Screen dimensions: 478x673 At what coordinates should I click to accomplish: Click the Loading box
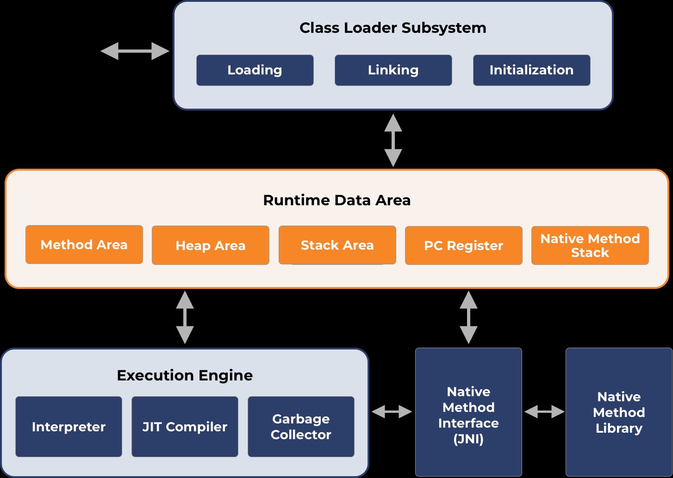[x=255, y=70]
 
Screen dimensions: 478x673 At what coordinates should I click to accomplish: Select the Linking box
[x=393, y=70]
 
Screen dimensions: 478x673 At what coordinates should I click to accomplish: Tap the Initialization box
[x=531, y=70]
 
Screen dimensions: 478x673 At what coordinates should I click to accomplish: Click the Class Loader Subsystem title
[x=393, y=28]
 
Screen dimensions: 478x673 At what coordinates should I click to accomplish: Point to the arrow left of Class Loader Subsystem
[x=135, y=51]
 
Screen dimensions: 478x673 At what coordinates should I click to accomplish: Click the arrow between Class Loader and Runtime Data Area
[x=393, y=140]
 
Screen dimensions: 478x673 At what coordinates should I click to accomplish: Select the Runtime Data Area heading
[x=336, y=200]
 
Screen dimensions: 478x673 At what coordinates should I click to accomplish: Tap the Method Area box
[x=84, y=245]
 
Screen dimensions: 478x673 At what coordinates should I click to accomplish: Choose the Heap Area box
[x=210, y=245]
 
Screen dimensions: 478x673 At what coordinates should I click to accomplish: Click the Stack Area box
[x=337, y=245]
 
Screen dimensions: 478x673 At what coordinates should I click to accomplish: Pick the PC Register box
[x=463, y=245]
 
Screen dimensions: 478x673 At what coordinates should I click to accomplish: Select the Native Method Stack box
[x=590, y=245]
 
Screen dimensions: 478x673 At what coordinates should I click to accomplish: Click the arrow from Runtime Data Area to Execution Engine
[x=185, y=317]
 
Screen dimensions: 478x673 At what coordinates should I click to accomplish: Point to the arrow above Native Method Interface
[x=468, y=317]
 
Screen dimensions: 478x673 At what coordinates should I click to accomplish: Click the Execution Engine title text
[x=185, y=375]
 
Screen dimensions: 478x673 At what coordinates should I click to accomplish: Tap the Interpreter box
[x=69, y=427]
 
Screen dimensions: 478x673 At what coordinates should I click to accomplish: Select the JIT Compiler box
[x=185, y=427]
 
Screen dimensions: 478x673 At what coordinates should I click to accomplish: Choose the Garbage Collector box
[x=301, y=427]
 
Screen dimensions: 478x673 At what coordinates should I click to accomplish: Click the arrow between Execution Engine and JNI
[x=392, y=411]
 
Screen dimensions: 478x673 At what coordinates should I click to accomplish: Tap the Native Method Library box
[x=619, y=412]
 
